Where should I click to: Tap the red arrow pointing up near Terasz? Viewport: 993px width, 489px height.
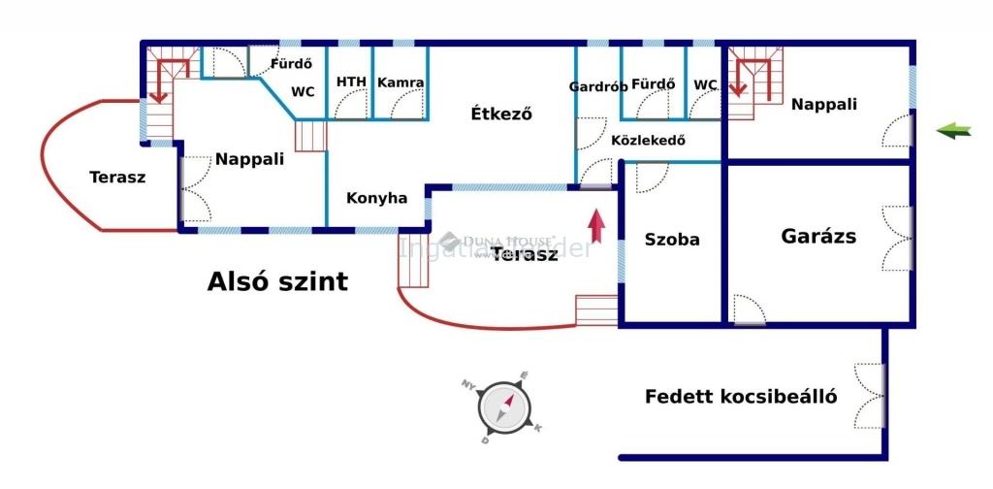596,225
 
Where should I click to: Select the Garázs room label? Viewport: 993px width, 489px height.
818,236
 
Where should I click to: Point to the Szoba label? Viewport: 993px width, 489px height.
672,240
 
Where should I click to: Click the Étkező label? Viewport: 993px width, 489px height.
501,114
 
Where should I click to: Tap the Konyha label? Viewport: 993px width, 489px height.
377,198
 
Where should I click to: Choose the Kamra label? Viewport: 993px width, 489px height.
400,82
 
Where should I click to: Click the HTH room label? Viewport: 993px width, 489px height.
351,82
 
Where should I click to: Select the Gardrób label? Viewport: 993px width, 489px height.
597,85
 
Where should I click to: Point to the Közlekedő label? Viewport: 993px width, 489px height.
648,140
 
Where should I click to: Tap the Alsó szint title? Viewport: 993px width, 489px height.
277,282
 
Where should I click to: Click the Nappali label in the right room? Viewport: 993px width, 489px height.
824,105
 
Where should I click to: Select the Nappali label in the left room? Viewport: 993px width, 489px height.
249,159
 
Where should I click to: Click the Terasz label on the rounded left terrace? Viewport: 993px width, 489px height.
117,177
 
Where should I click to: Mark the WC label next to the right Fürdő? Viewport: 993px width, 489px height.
705,84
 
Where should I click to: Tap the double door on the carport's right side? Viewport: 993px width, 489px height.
870,395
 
